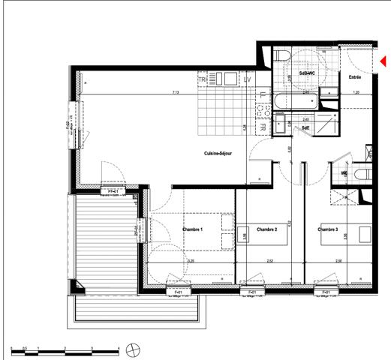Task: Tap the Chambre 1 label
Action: pos(194,229)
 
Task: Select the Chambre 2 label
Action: pos(267,229)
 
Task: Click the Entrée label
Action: pos(354,77)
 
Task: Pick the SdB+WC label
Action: pos(307,73)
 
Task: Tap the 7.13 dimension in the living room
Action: pos(175,92)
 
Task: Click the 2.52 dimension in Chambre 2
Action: pos(270,261)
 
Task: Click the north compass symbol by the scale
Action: pos(134,349)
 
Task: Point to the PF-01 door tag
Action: pos(112,192)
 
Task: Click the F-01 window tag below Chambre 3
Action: pos(326,292)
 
